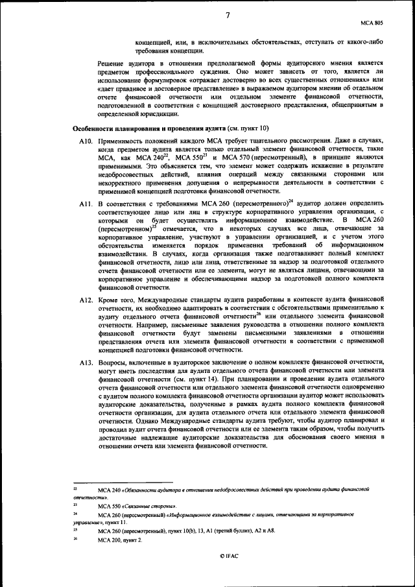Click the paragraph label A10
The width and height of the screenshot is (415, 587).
point(86,141)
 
